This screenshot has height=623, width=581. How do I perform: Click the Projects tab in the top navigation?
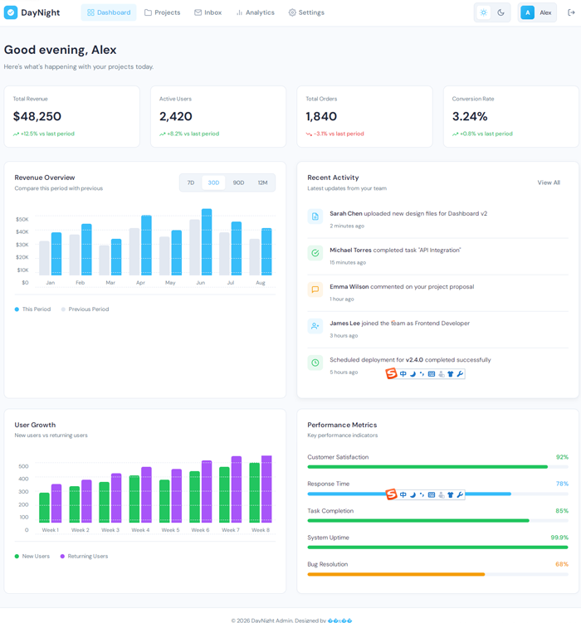[x=162, y=12]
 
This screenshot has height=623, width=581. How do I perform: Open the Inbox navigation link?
[x=207, y=12]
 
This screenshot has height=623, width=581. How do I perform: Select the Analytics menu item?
[x=255, y=12]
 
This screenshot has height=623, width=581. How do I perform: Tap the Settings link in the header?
[x=306, y=12]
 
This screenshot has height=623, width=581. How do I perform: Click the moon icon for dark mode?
[x=501, y=12]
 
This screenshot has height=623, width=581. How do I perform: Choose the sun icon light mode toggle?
[x=484, y=12]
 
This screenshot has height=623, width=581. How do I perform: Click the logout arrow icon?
[x=571, y=12]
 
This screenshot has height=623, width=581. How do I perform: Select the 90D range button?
[x=238, y=183]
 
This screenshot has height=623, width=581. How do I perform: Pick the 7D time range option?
[x=191, y=183]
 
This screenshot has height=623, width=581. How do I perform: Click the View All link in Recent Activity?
[x=549, y=183]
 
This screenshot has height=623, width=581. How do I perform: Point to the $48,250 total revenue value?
[x=37, y=116]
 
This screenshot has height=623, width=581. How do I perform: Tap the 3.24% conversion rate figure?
[x=470, y=116]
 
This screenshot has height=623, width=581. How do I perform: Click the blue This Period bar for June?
[x=207, y=242]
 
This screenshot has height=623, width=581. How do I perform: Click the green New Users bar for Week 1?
[x=44, y=508]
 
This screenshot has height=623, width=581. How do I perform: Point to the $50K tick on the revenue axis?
[x=22, y=219]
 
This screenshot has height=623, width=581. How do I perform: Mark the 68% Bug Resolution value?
[x=562, y=564]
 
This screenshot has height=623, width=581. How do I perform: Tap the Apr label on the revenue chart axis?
[x=140, y=283]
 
